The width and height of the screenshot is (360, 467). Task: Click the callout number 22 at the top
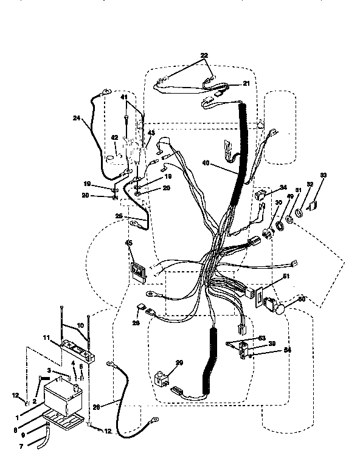click(x=204, y=55)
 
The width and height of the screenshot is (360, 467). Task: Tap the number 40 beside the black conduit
click(x=207, y=162)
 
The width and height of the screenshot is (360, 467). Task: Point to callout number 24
click(x=77, y=119)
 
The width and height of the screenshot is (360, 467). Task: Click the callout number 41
click(x=123, y=97)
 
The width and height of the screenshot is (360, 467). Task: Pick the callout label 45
click(x=128, y=244)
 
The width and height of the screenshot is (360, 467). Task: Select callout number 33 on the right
click(x=323, y=176)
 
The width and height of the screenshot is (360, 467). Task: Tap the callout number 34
click(x=282, y=187)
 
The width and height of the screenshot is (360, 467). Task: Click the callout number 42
click(x=114, y=138)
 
